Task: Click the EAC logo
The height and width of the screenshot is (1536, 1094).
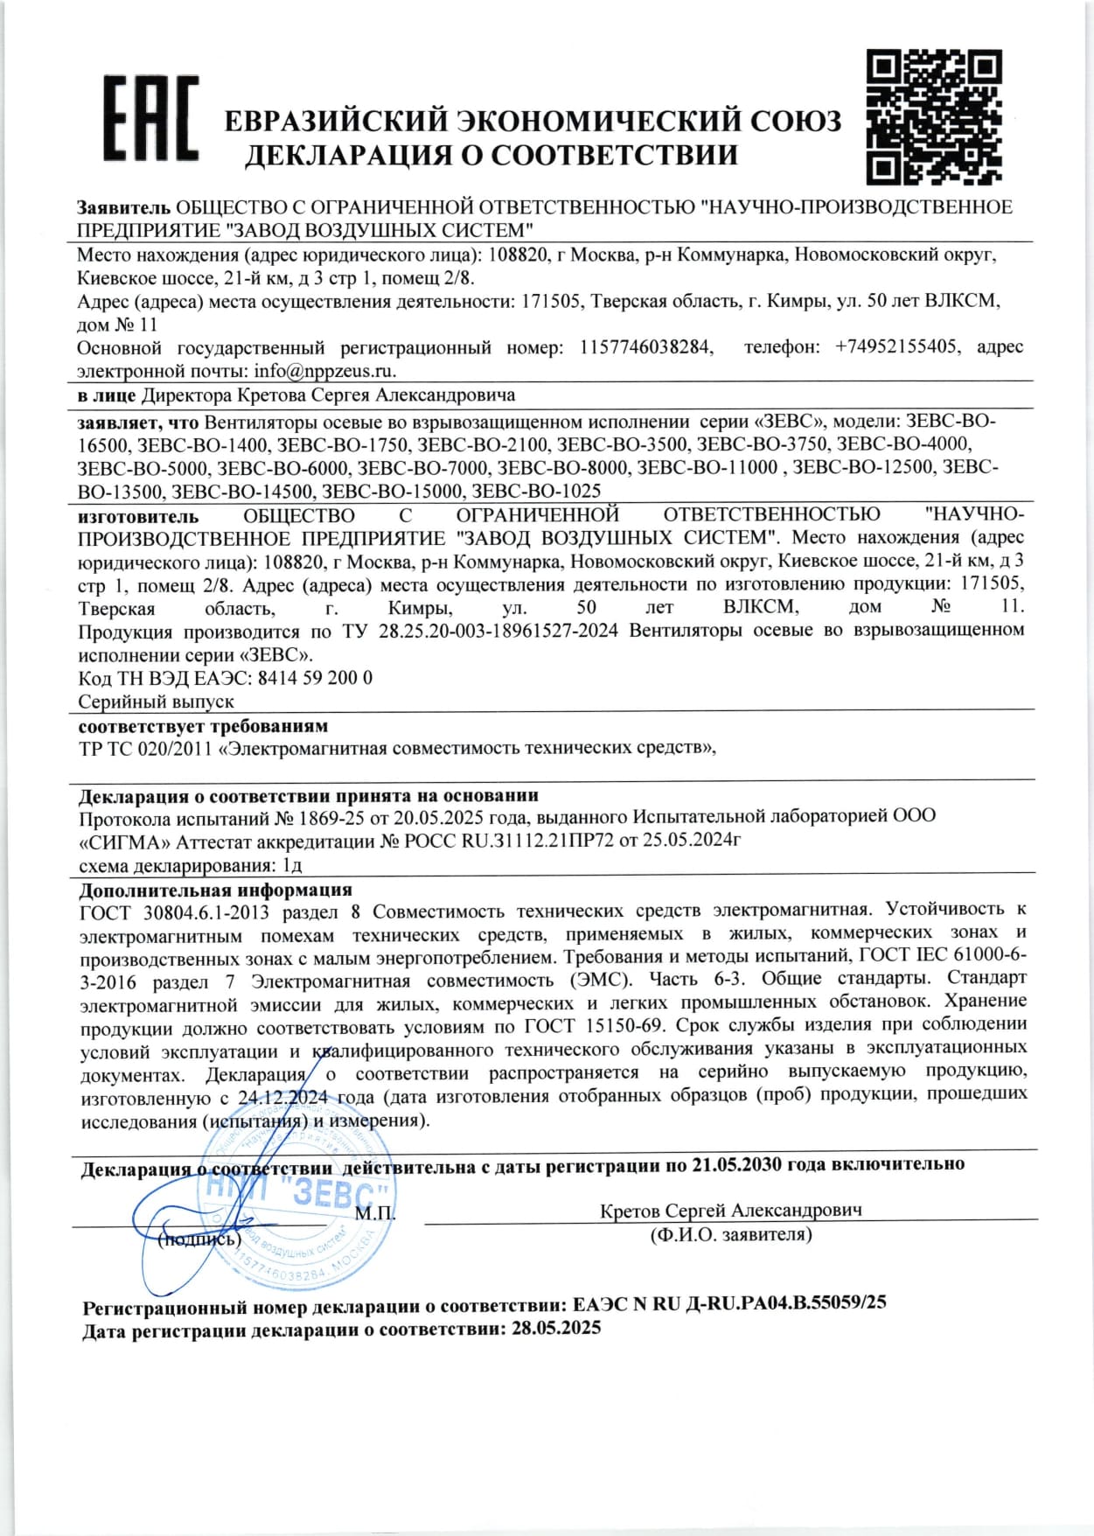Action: [150, 119]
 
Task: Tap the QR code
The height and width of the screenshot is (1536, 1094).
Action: [932, 115]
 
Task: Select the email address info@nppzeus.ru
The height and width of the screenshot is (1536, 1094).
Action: [324, 371]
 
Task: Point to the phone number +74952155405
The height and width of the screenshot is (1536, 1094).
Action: [895, 347]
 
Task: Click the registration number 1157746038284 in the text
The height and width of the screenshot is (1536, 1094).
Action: [645, 347]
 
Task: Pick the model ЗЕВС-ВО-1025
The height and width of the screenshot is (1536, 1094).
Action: [536, 491]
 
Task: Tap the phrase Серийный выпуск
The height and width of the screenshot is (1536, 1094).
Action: [156, 702]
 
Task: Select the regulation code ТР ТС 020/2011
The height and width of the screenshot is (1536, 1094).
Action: [145, 748]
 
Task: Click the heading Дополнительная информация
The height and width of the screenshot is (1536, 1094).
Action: [215, 890]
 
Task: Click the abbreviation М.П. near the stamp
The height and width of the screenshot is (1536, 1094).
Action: [374, 1213]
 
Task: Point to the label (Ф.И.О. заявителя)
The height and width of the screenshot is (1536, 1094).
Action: [730, 1235]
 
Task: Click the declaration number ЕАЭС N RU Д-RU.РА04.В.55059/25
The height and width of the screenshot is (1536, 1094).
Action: [729, 1302]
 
